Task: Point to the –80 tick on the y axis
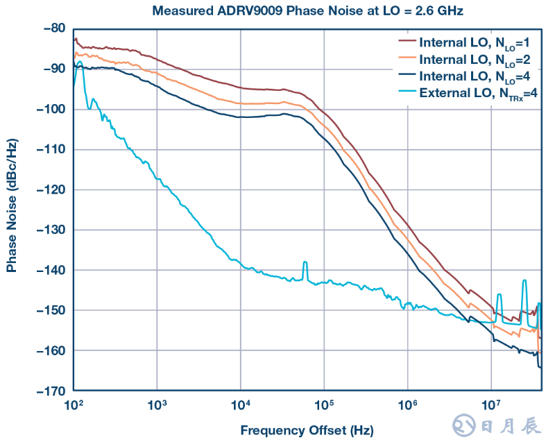click(54, 28)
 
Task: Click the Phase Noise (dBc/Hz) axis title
click(12, 208)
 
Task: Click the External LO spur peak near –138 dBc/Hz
click(305, 263)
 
